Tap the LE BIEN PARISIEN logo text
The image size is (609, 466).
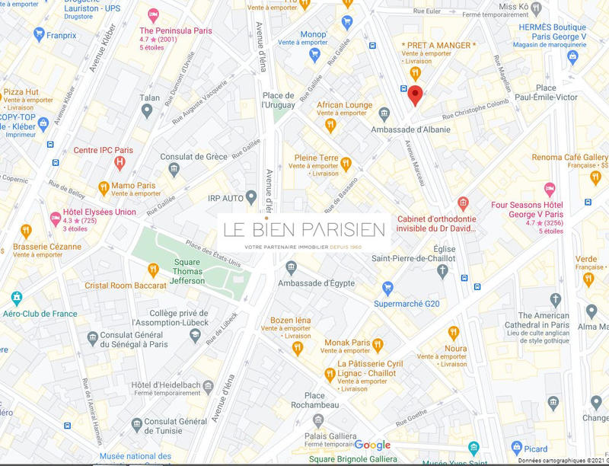[x=304, y=229]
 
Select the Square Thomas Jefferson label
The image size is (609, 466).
[x=187, y=271]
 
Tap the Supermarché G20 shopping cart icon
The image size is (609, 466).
[x=387, y=288]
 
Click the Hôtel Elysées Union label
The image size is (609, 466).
[x=99, y=212]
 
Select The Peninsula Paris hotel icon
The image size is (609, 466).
[x=153, y=16]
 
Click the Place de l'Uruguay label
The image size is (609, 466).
[x=278, y=100]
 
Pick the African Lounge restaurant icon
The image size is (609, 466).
[x=330, y=123]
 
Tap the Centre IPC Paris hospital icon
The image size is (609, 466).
[x=119, y=162]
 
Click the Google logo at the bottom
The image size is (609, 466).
[x=372, y=445]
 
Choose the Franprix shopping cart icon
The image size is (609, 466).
[x=40, y=34]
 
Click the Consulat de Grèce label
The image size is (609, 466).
[x=193, y=157]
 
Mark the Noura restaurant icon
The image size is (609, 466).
[x=454, y=332]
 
